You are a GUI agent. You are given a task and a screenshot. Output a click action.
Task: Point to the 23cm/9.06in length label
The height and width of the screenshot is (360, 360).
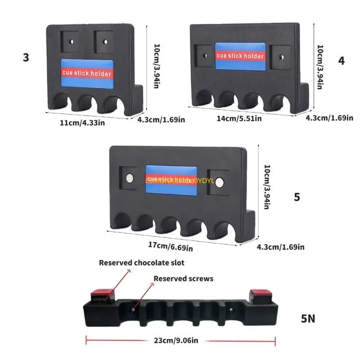(175, 340)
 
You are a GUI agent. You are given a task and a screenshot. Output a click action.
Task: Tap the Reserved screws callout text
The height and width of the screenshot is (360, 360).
(183, 279)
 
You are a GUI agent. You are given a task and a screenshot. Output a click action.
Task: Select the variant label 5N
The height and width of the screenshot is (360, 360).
(308, 319)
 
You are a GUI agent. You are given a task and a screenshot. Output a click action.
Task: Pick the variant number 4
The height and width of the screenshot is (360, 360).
(342, 60)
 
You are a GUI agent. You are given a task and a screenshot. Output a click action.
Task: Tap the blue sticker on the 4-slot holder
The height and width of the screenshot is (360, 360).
(240, 56)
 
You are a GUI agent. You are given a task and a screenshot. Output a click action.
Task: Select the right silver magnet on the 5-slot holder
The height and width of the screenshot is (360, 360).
(220, 182)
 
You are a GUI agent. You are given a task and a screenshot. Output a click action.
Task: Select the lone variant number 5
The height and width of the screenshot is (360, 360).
(297, 197)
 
